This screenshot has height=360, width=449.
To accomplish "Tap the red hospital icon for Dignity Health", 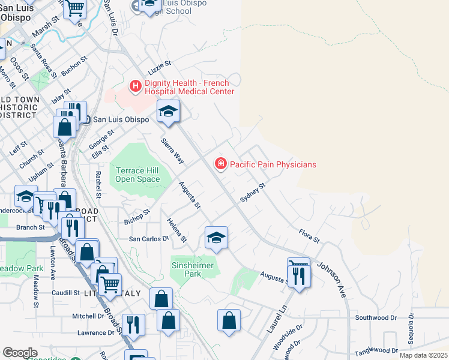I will pos(136,87).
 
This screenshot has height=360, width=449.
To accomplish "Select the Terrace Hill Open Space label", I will pos(138,175).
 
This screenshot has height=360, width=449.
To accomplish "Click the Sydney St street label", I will pos(252,194).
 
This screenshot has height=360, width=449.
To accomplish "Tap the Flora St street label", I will pos(309,235).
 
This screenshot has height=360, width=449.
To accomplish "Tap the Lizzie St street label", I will pos(160,63).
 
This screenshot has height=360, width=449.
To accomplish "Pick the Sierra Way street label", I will pos(172,151).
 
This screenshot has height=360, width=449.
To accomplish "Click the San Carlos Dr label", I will pos(149,239).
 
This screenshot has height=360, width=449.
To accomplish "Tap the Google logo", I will pos(20,353).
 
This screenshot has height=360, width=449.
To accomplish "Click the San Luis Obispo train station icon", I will pos(86,119).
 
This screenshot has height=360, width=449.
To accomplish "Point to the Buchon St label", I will pos(74,66).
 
